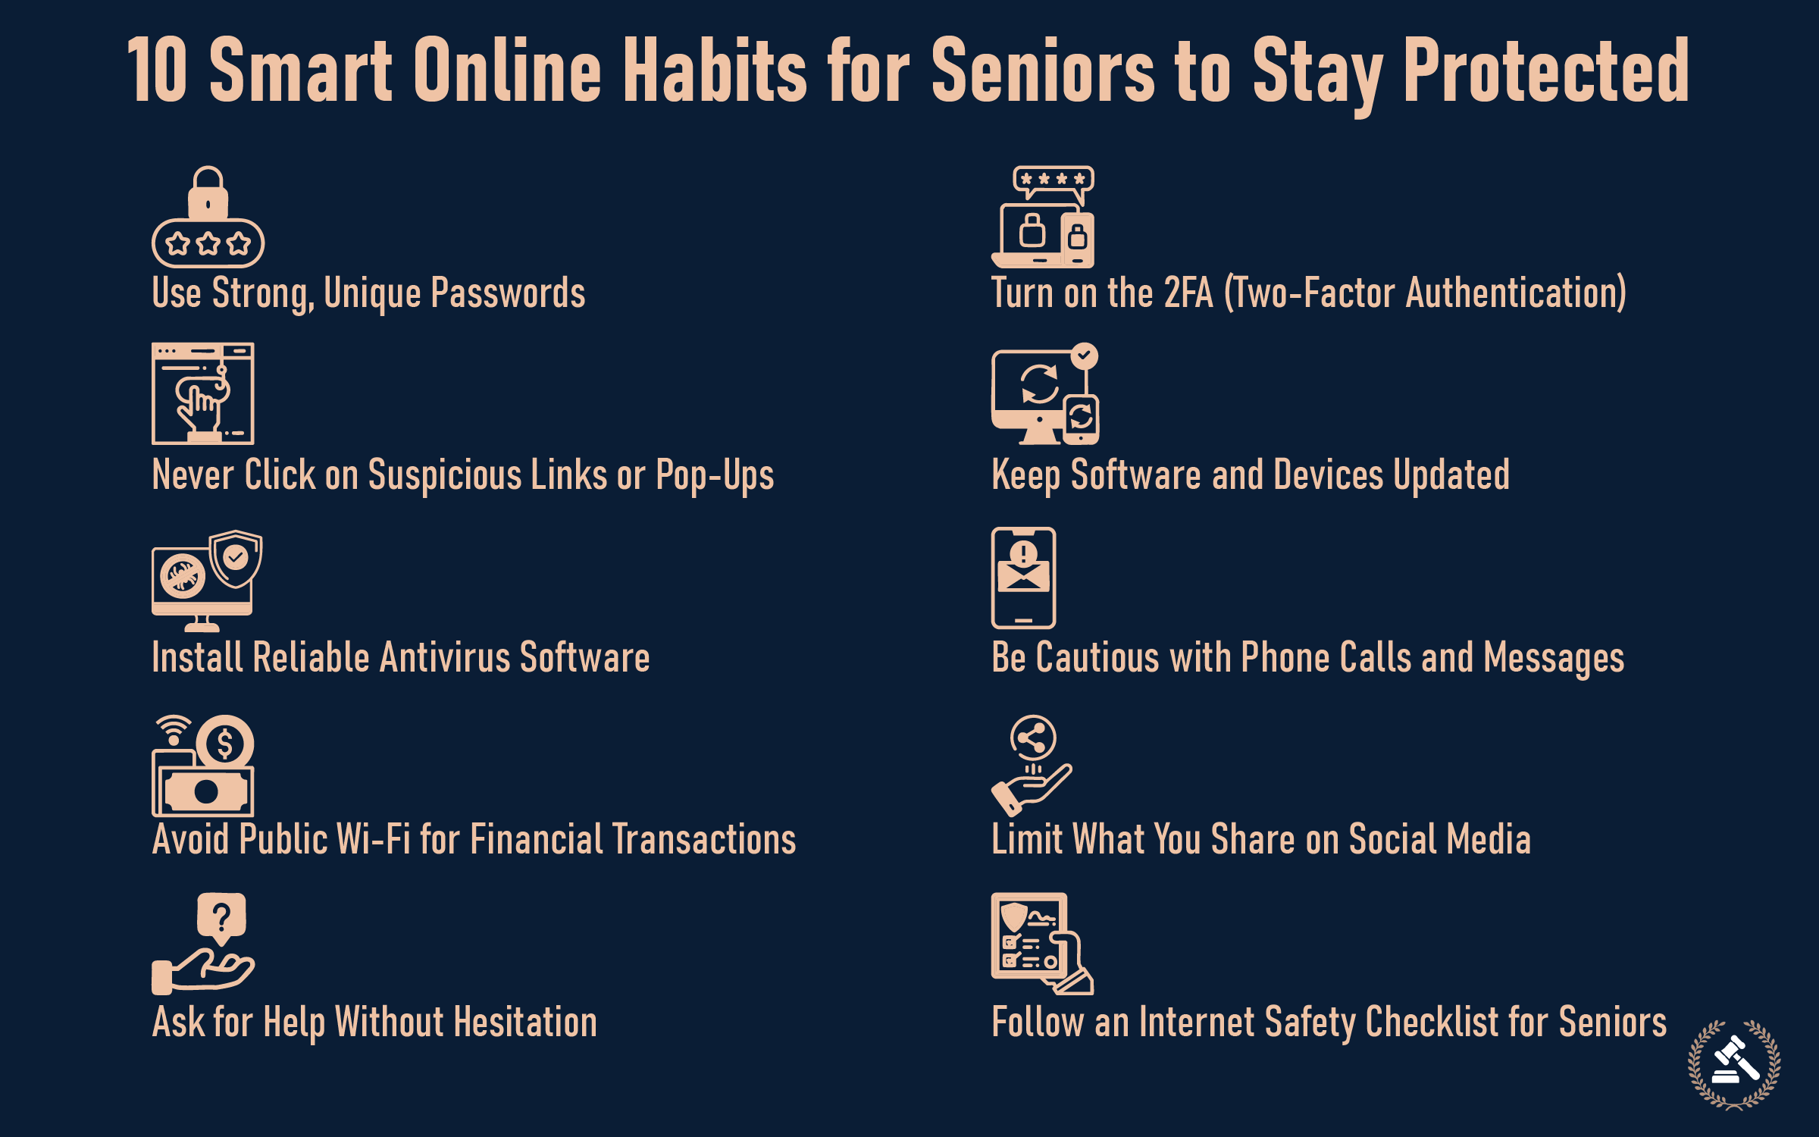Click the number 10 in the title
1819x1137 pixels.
click(x=157, y=70)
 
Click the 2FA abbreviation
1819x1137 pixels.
click(x=1188, y=293)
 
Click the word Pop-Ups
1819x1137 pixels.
click(x=715, y=476)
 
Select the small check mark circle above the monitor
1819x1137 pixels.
click(x=1085, y=356)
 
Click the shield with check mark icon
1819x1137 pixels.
click(x=236, y=559)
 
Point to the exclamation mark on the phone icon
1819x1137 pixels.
click(x=1023, y=553)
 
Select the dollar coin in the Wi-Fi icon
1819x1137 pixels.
click(x=224, y=744)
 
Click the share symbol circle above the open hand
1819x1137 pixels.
click(x=1033, y=737)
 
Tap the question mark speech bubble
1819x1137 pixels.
click(x=221, y=917)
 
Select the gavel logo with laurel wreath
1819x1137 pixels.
click(x=1734, y=1064)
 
